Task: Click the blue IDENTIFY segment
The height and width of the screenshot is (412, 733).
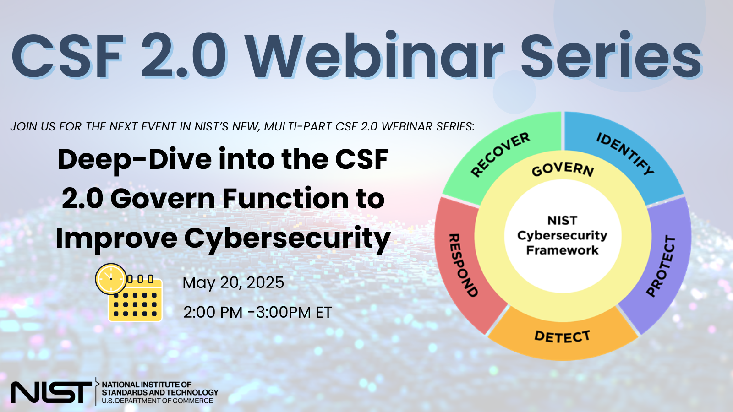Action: [625, 153]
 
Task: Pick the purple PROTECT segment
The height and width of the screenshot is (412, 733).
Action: [664, 266]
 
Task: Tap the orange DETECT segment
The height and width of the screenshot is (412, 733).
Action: [563, 337]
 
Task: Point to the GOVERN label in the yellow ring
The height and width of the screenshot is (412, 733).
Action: [563, 169]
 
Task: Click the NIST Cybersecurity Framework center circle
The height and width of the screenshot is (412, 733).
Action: [563, 235]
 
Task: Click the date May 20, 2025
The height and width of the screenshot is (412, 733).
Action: [233, 283]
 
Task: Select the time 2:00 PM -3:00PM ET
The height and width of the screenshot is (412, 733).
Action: [257, 312]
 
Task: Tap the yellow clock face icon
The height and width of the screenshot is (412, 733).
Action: [111, 278]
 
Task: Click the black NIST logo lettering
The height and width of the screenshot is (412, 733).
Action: [50, 392]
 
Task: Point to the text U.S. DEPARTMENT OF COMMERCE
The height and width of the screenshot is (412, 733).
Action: [157, 401]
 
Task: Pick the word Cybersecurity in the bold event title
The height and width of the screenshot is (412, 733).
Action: [287, 239]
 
